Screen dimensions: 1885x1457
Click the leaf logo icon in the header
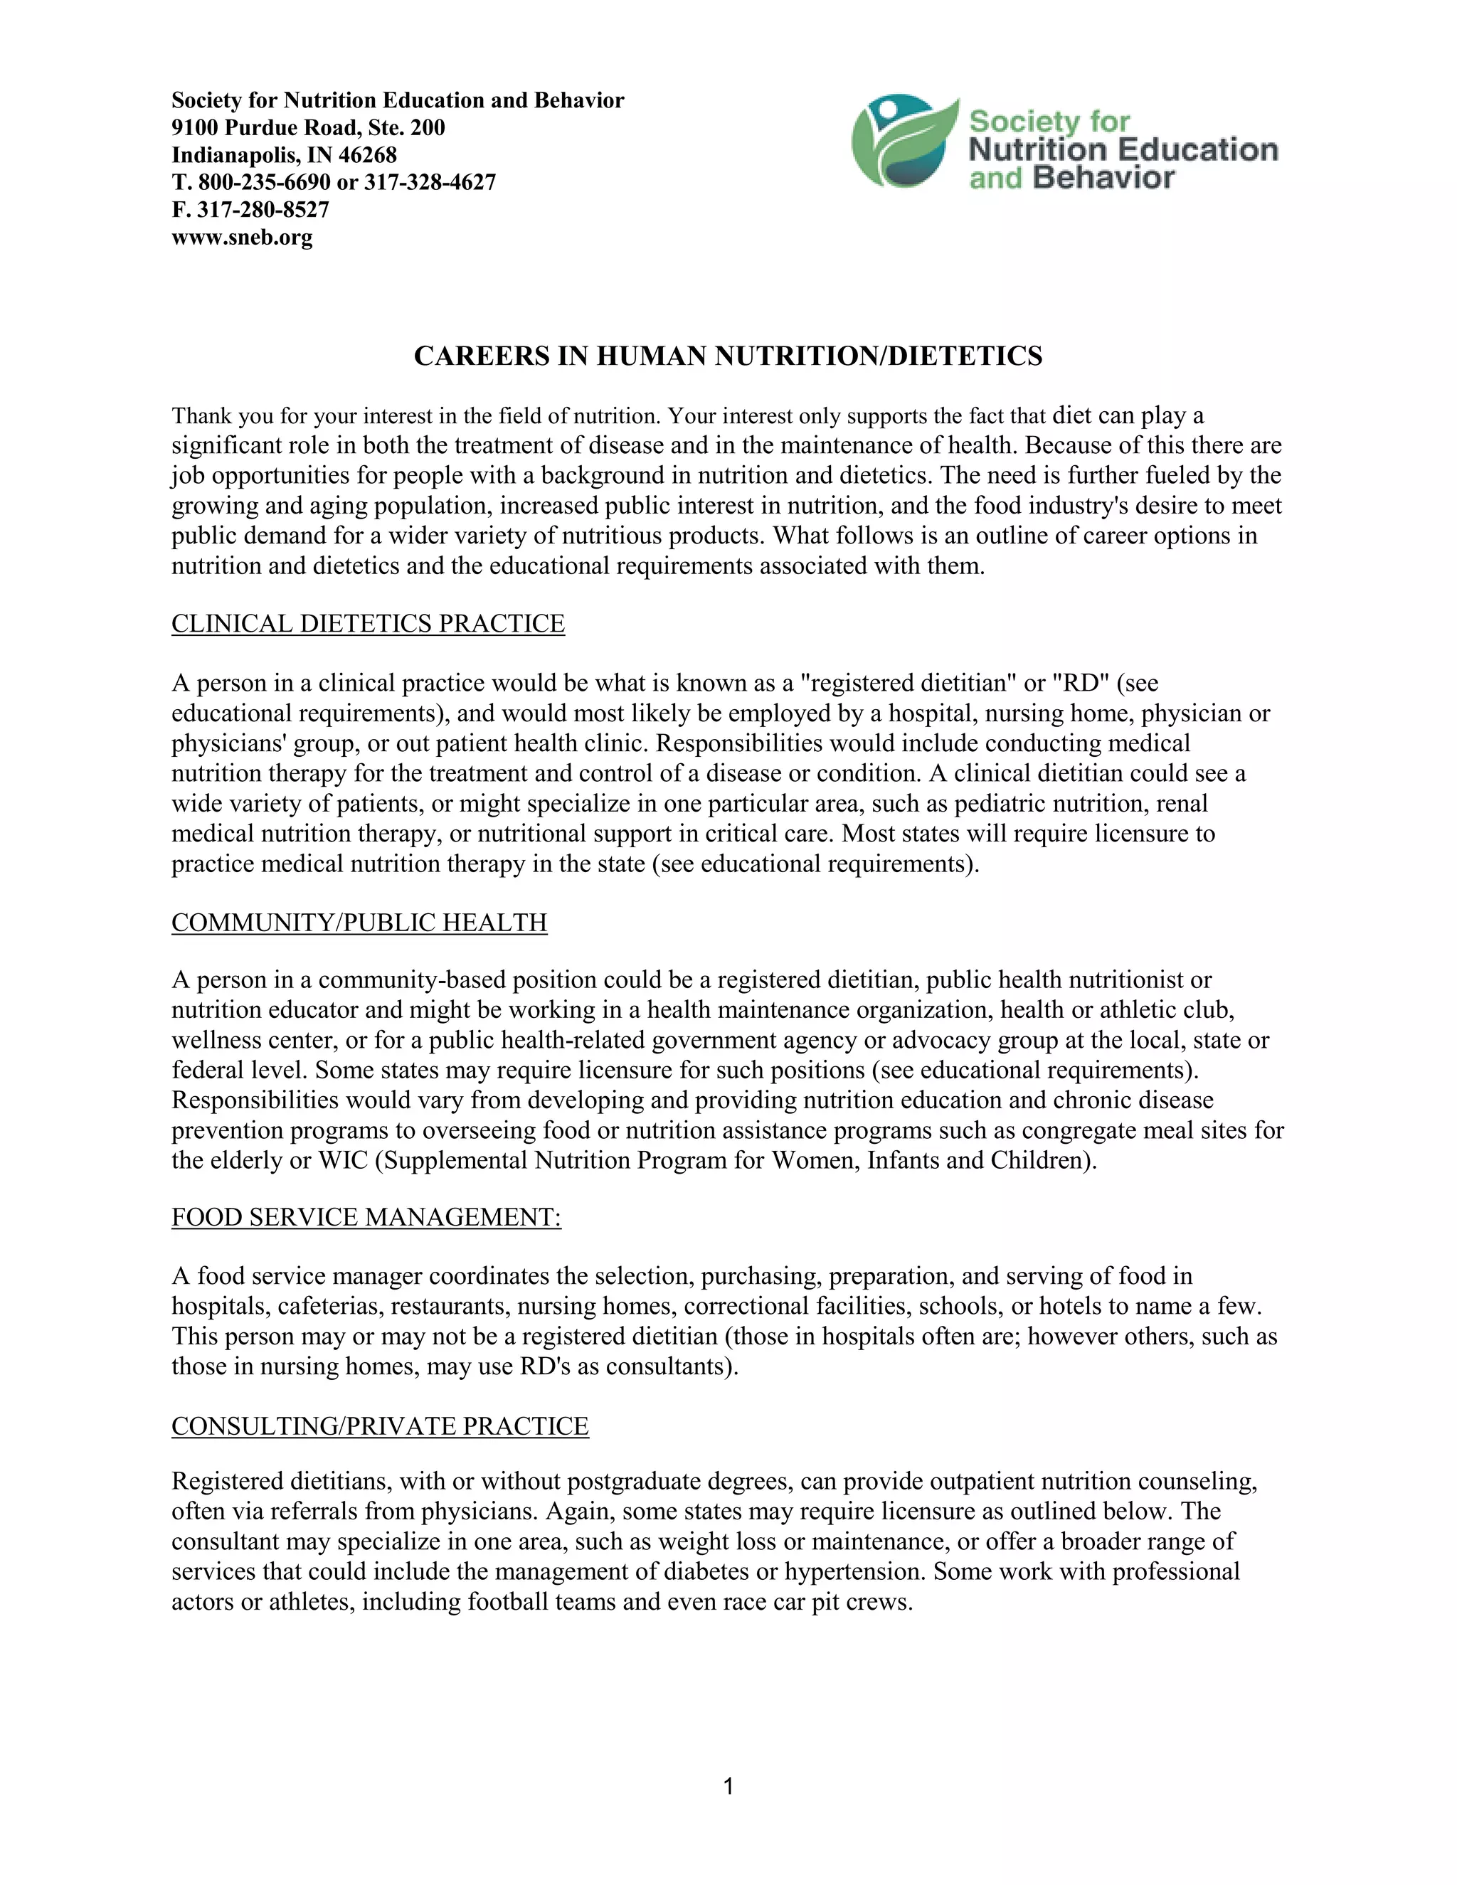point(903,142)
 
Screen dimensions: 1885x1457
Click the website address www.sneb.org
point(242,238)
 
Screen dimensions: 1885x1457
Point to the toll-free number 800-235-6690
point(264,182)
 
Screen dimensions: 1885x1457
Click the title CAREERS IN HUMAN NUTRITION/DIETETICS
point(728,356)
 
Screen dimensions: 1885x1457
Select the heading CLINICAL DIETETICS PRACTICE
point(368,623)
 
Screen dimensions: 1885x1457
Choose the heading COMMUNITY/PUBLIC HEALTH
point(359,922)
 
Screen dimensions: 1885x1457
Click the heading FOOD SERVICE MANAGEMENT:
point(366,1217)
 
